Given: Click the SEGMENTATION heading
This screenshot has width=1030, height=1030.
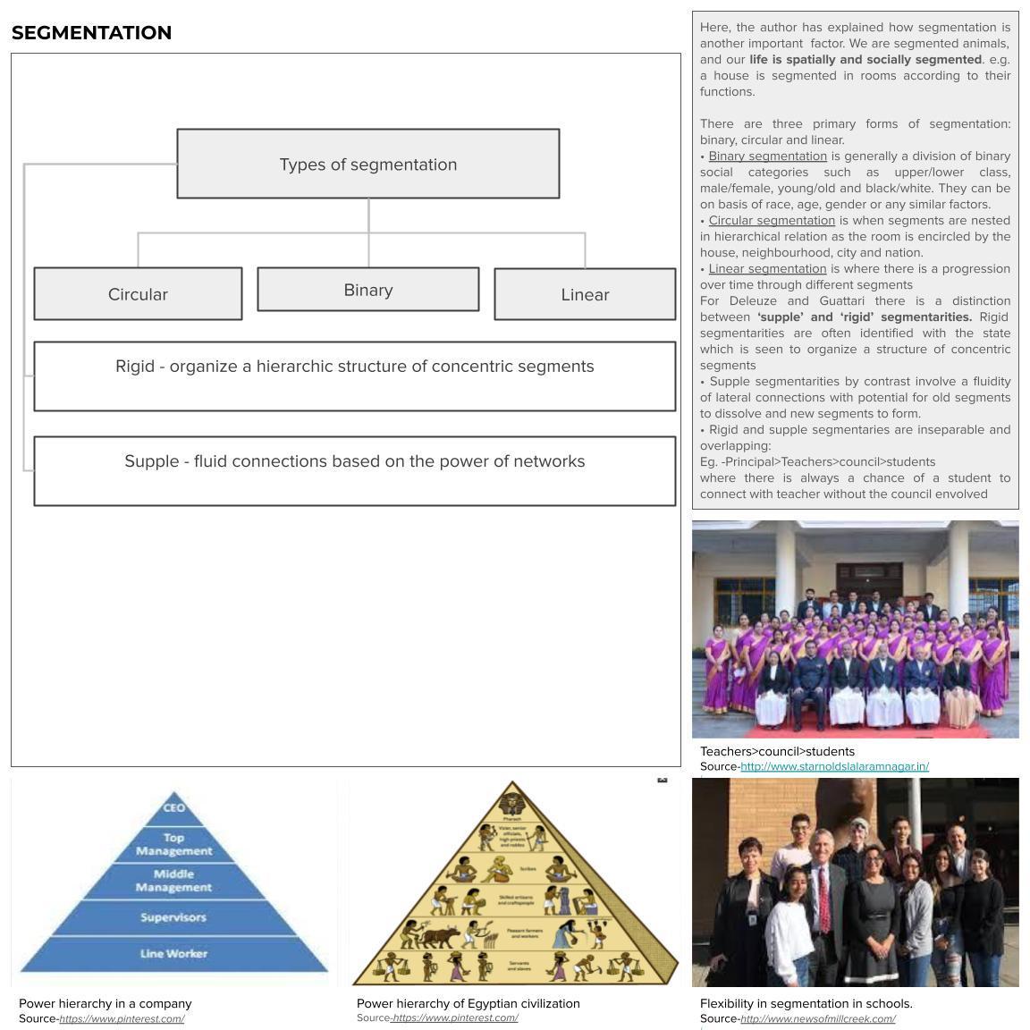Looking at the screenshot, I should pyautogui.click(x=91, y=33).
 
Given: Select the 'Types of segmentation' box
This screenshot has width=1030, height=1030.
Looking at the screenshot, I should pyautogui.click(x=367, y=164).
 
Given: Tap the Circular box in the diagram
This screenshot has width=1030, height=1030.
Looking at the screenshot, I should pyautogui.click(x=138, y=294).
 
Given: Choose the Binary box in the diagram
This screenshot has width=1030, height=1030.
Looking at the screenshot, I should pyautogui.click(x=367, y=290).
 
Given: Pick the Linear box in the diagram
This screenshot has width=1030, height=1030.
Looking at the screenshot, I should pyautogui.click(x=585, y=294).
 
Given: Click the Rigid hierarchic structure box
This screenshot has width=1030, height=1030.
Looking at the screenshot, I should pyautogui.click(x=354, y=376).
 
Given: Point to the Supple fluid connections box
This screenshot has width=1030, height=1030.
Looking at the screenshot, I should pyautogui.click(x=354, y=470).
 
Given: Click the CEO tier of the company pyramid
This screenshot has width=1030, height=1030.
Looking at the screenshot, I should pyautogui.click(x=173, y=808).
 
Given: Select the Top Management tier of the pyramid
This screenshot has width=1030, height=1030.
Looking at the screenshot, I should pyautogui.click(x=173, y=844).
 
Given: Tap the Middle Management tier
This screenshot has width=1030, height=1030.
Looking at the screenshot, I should pyautogui.click(x=173, y=881).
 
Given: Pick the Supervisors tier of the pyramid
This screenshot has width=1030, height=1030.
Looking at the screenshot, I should pyautogui.click(x=173, y=917).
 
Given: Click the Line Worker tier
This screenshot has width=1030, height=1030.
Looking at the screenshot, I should pyautogui.click(x=173, y=954).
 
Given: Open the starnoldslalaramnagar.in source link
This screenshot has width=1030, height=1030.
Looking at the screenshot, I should pyautogui.click(x=834, y=766).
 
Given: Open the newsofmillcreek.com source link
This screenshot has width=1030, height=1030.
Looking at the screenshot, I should pyautogui.click(x=817, y=1018).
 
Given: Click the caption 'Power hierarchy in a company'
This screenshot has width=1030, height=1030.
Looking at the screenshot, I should pyautogui.click(x=106, y=1003).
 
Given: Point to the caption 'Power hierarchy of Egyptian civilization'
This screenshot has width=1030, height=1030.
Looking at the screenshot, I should pyautogui.click(x=468, y=1003).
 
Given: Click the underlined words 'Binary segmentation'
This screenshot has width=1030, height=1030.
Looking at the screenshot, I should pyautogui.click(x=767, y=156).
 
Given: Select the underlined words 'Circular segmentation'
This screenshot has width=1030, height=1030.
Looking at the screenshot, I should pyautogui.click(x=772, y=221).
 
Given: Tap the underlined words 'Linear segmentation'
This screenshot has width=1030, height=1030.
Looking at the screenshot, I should pyautogui.click(x=767, y=269).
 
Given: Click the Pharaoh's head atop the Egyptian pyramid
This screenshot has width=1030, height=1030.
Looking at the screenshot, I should pyautogui.click(x=512, y=798).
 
